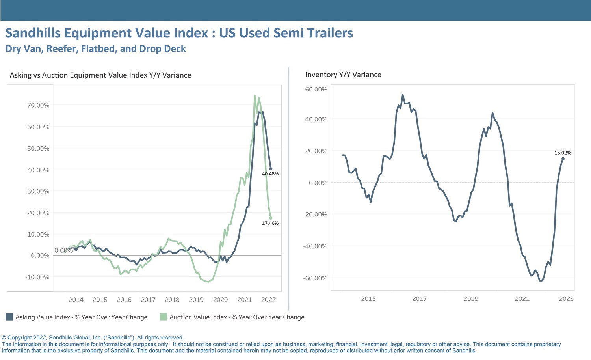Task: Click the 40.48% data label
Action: (x=270, y=174)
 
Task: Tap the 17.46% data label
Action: (x=270, y=223)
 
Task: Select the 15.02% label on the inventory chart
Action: (x=563, y=153)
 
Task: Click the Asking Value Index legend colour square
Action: (x=9, y=317)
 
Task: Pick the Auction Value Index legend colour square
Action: (x=164, y=317)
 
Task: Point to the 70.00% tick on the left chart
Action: (x=38, y=105)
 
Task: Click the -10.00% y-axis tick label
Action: (x=37, y=277)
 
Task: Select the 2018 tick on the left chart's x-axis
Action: (x=172, y=300)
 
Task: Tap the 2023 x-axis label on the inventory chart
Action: (x=566, y=299)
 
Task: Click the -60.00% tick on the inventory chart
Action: (x=315, y=278)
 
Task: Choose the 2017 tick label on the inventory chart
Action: (x=420, y=299)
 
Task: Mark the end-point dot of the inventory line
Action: (x=563, y=159)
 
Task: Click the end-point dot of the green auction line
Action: (x=271, y=218)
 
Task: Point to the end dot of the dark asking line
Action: (x=271, y=169)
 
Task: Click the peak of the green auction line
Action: (x=255, y=95)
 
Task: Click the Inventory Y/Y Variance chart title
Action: (x=343, y=75)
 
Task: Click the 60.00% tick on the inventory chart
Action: (x=316, y=90)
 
